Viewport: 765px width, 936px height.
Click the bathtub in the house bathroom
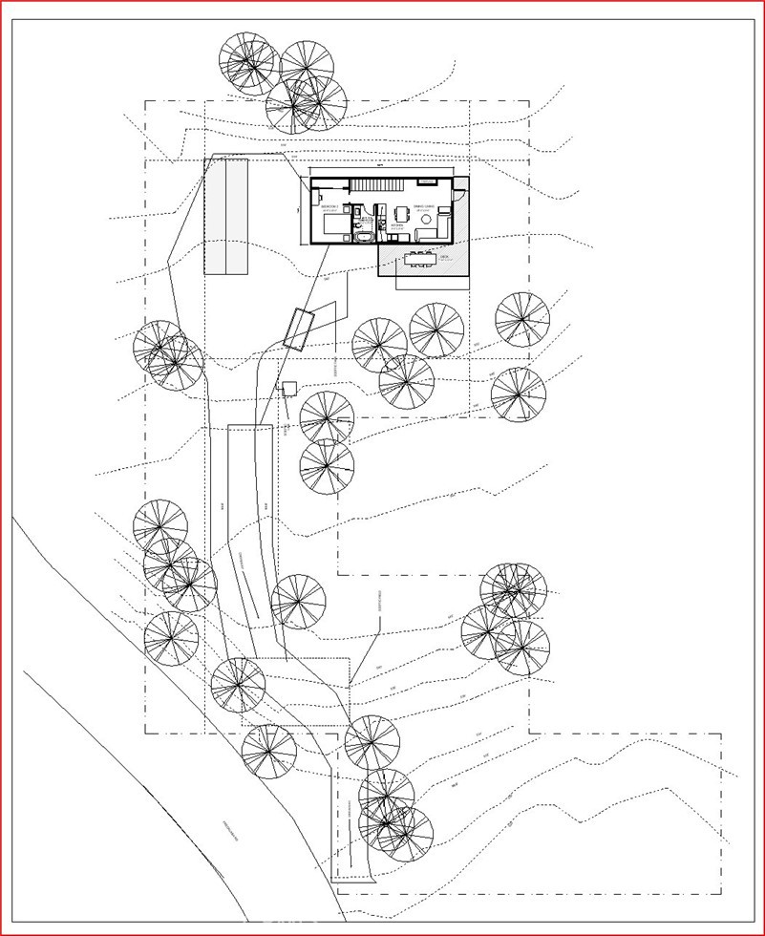[x=364, y=236]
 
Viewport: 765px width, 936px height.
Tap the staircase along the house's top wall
[x=375, y=185]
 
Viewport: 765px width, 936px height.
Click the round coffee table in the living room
[x=426, y=219]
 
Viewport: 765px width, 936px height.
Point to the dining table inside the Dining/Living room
[x=401, y=213]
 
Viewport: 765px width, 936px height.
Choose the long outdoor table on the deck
[x=419, y=259]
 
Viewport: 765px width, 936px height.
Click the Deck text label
[x=444, y=256]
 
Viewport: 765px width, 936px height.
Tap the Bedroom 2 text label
[x=330, y=206]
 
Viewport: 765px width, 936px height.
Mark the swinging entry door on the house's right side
[x=458, y=195]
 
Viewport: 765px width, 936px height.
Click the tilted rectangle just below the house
[x=299, y=330]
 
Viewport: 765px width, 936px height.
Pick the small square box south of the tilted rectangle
[x=288, y=390]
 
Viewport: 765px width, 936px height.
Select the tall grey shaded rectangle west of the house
[x=227, y=217]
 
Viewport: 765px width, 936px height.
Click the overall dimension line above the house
[x=382, y=166]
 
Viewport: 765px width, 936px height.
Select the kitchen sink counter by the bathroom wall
[x=381, y=223]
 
